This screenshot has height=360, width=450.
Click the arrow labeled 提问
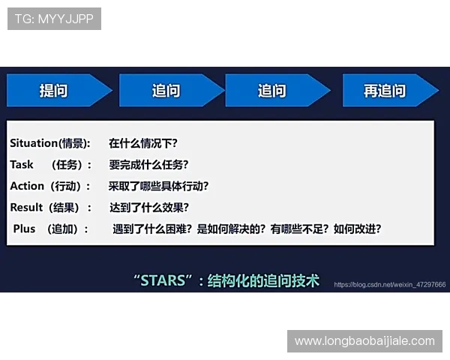pyautogui.click(x=54, y=91)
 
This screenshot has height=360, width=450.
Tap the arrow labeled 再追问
pyautogui.click(x=385, y=91)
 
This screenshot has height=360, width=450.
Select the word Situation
pyautogui.click(x=34, y=142)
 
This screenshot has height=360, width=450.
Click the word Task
pyautogui.click(x=22, y=164)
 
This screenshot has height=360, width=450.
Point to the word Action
pyautogui.click(x=27, y=186)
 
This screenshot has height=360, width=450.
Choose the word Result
pyautogui.click(x=27, y=208)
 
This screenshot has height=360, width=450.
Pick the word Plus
pyautogui.click(x=24, y=229)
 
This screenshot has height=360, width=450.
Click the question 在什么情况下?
pyautogui.click(x=143, y=142)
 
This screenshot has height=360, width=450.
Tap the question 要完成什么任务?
pyautogui.click(x=148, y=164)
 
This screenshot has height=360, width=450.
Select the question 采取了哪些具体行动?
pyautogui.click(x=158, y=186)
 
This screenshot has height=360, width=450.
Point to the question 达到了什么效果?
pyautogui.click(x=148, y=208)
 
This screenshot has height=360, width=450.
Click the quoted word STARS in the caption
pyautogui.click(x=162, y=281)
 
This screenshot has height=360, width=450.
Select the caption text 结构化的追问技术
pyautogui.click(x=263, y=281)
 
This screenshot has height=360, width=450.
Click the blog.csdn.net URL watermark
pyautogui.click(x=389, y=285)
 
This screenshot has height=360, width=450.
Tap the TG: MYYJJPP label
pyautogui.click(x=54, y=19)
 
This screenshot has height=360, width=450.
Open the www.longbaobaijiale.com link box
pyautogui.click(x=364, y=341)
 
